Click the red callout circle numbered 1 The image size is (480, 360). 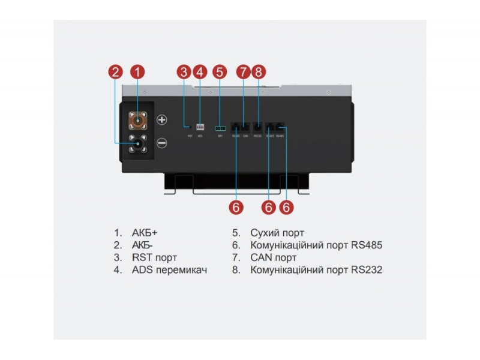point(138,72)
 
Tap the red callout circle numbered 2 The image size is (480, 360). point(117,72)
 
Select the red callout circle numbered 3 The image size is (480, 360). point(184,72)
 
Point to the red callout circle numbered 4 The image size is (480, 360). point(200,72)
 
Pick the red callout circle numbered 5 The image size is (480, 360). point(220,72)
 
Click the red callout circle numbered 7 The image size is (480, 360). point(242,72)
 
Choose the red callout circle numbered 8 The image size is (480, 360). point(259,72)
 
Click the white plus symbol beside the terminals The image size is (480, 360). point(161,119)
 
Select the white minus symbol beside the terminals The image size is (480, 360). point(161,143)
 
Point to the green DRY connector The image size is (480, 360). point(220,128)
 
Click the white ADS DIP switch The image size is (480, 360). point(200,127)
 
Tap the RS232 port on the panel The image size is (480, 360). point(258,127)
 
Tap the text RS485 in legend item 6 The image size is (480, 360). point(368,245)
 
